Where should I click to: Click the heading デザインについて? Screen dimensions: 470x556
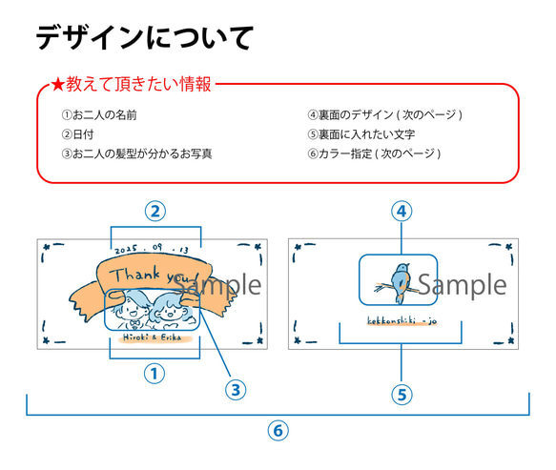[145, 38]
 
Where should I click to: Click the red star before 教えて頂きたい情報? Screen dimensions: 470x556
[57, 85]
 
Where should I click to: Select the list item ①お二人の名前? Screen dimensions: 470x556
[99, 115]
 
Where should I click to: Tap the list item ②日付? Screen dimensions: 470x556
[77, 134]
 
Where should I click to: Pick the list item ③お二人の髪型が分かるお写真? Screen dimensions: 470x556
[136, 153]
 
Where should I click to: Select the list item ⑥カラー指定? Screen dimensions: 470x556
[374, 153]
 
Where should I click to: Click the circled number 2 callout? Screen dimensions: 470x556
[154, 211]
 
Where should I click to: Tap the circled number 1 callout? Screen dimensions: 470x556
[154, 373]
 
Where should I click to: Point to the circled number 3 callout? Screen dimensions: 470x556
[236, 389]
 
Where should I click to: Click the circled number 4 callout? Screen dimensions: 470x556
[402, 211]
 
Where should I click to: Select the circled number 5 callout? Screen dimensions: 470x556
[402, 393]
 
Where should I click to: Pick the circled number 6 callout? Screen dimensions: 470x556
[278, 431]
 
